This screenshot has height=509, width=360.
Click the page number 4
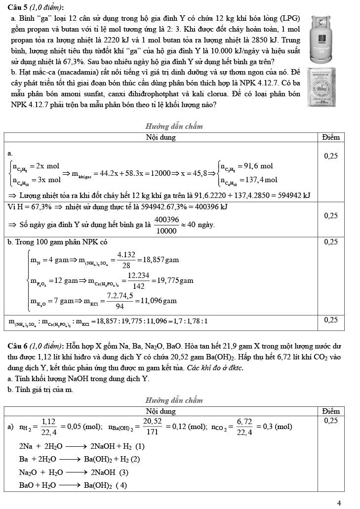click(339, 503)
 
